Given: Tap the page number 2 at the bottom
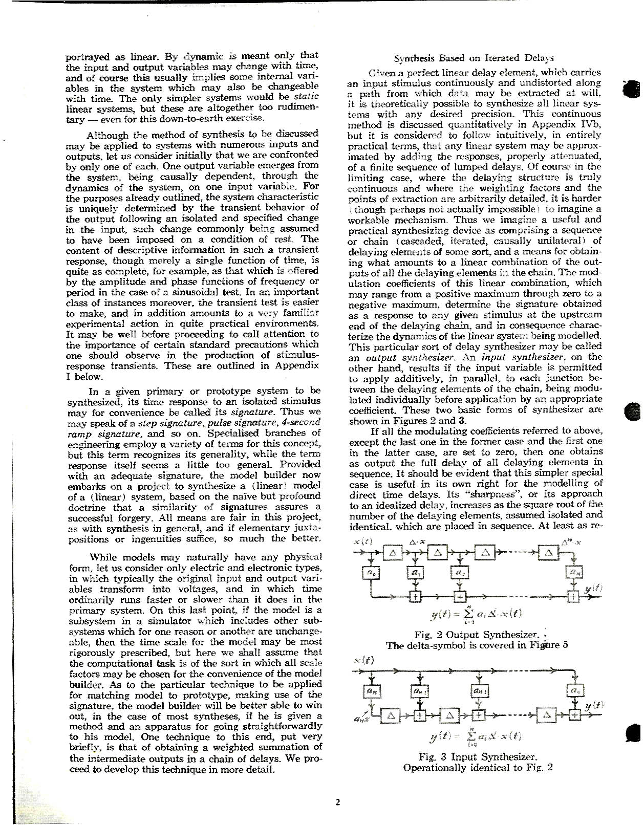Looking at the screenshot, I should [337, 801].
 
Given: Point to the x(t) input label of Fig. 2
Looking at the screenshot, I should [363, 541].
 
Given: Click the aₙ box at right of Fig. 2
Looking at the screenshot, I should [574, 573].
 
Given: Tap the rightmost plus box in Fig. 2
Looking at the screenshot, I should [574, 596].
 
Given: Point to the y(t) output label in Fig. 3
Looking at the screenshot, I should [594, 705].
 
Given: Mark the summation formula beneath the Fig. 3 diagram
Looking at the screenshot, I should [477, 736].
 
